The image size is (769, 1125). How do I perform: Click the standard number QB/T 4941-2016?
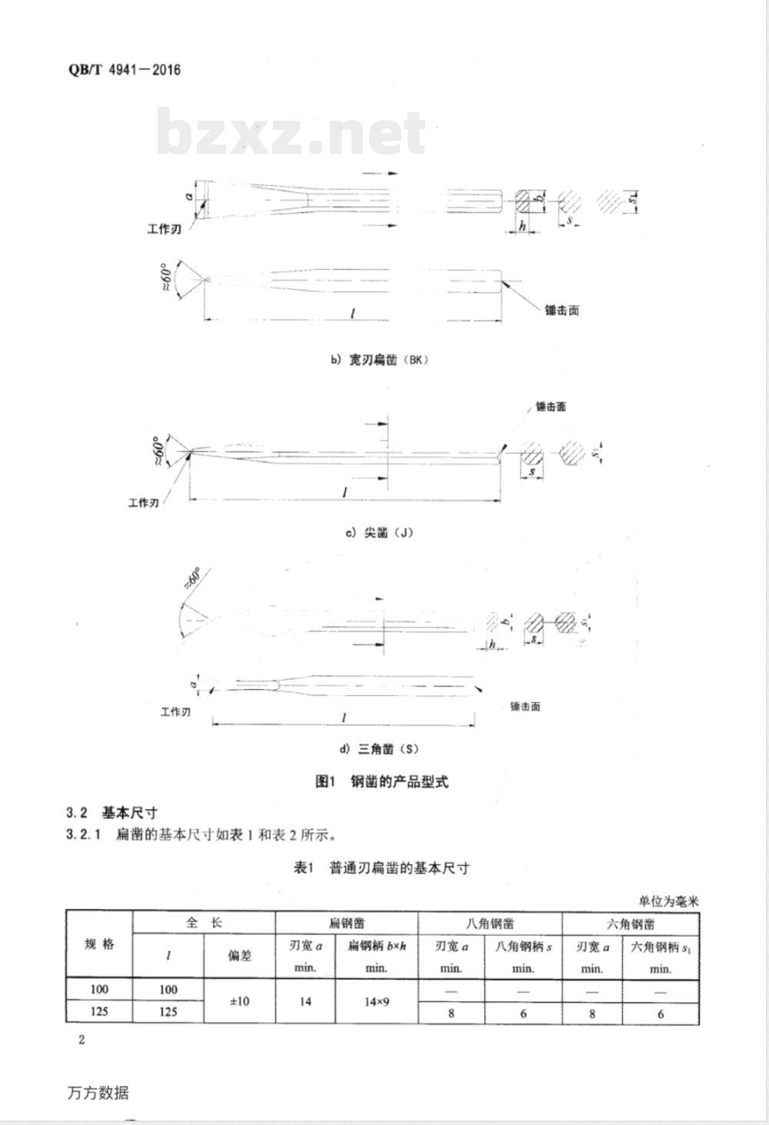[125, 70]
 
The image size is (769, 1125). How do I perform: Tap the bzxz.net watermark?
[291, 133]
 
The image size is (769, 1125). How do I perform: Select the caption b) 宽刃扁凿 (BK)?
[378, 360]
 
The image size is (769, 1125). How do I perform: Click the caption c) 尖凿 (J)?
[378, 532]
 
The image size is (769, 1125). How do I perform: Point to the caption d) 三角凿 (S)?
[379, 748]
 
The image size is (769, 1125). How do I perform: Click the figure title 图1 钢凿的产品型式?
[381, 782]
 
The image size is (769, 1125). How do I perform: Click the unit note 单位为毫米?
[668, 902]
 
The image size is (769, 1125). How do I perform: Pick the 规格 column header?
[99, 944]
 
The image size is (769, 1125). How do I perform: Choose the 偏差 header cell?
[239, 955]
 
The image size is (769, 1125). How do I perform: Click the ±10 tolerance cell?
[239, 1000]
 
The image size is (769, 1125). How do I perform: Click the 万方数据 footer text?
[98, 1092]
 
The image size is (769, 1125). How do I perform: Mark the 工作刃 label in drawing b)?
[165, 229]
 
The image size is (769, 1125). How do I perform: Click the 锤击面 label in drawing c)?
[551, 407]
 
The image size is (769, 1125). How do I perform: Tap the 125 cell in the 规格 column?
[99, 1011]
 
